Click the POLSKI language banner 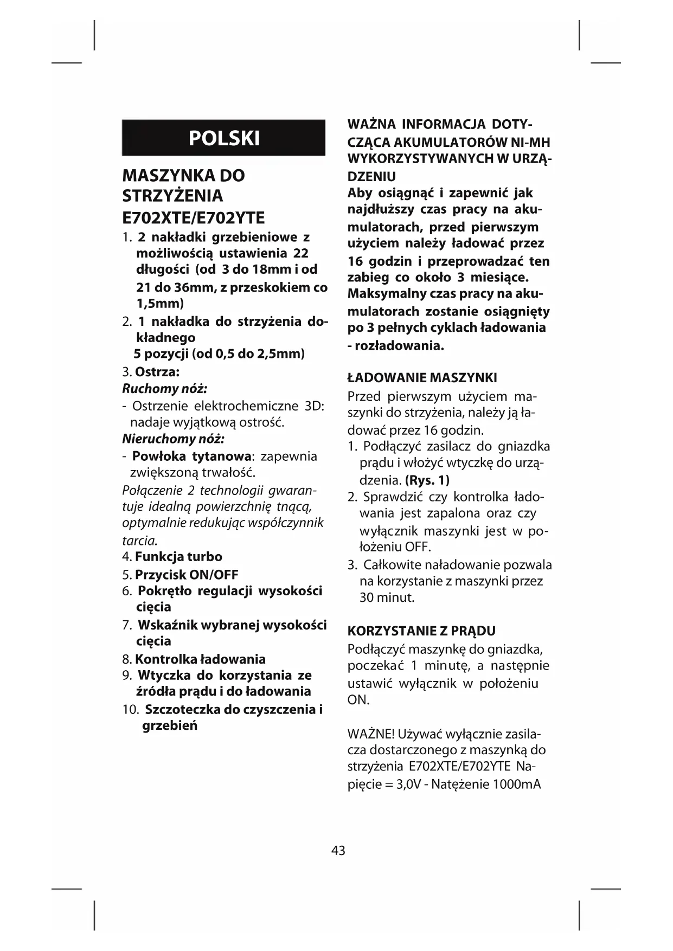[x=223, y=138]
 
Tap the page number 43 [x=338, y=850]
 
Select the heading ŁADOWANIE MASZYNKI [x=422, y=378]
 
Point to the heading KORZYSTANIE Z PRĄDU [x=421, y=631]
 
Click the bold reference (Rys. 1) [x=427, y=480]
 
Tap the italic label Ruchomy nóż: [x=165, y=389]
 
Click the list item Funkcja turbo [x=178, y=557]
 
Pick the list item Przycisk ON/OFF [x=187, y=575]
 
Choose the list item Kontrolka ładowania [x=200, y=659]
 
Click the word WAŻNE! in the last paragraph [x=371, y=734]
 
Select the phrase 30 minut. [x=387, y=597]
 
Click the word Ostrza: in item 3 [x=157, y=372]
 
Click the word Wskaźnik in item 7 [x=168, y=625]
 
